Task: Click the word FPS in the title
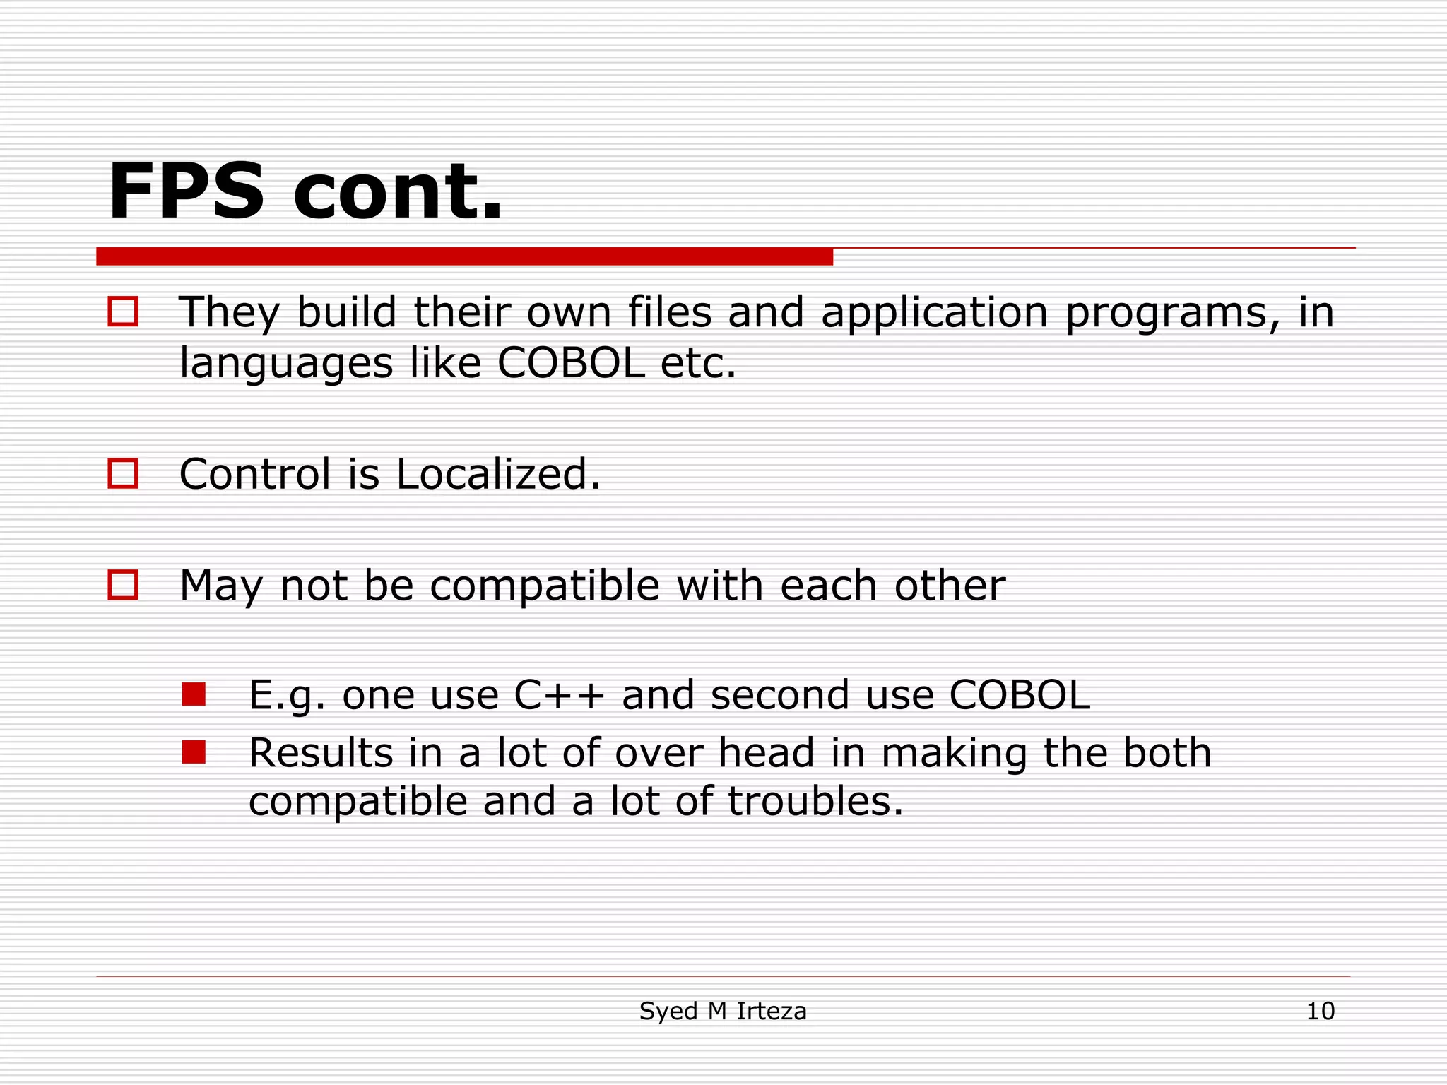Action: click(x=185, y=192)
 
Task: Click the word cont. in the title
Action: click(x=397, y=192)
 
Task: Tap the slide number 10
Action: click(x=1320, y=1011)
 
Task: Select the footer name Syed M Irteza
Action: click(x=722, y=1011)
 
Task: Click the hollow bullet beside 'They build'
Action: click(x=123, y=312)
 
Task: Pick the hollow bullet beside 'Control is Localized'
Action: click(x=123, y=473)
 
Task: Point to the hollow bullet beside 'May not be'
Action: click(x=123, y=585)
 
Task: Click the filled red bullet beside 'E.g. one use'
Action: click(x=194, y=694)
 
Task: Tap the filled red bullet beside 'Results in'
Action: click(x=194, y=752)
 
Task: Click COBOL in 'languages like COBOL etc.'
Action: click(x=571, y=363)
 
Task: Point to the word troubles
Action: click(x=815, y=801)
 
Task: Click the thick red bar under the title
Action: click(x=464, y=256)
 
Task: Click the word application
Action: click(x=934, y=313)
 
